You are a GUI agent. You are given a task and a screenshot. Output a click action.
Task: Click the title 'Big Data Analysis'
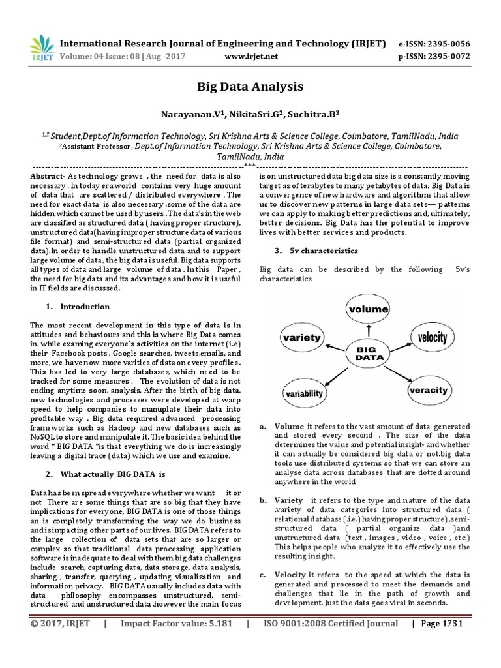[250, 87]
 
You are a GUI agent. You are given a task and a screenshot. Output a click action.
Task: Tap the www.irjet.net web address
[250, 56]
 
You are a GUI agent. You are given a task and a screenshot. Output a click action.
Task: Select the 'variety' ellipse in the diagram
[301, 338]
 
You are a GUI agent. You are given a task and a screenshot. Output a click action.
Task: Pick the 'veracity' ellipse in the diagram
[428, 390]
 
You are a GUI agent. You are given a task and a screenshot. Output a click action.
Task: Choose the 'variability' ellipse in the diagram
[304, 394]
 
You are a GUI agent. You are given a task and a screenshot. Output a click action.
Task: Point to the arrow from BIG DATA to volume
[368, 331]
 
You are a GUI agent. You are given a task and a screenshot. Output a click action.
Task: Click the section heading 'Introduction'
[85, 307]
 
